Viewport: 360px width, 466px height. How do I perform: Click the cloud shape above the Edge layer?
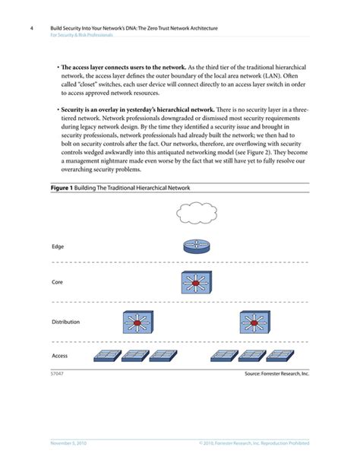[x=197, y=214]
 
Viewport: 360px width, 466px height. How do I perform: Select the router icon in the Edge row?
[x=197, y=247]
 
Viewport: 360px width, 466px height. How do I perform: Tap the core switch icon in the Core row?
[x=197, y=284]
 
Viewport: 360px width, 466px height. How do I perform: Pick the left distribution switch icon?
[x=137, y=322]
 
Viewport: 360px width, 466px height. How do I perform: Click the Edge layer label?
[x=58, y=247]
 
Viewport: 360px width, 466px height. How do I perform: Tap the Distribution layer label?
[x=65, y=322]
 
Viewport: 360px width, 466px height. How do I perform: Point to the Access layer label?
[x=60, y=355]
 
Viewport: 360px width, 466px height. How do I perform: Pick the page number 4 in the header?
[x=31, y=28]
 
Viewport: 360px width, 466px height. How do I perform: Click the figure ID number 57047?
[x=57, y=374]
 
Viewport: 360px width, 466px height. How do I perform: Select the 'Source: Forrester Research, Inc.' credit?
[x=277, y=374]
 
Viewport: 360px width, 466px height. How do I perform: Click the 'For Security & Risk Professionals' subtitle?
[x=82, y=35]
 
